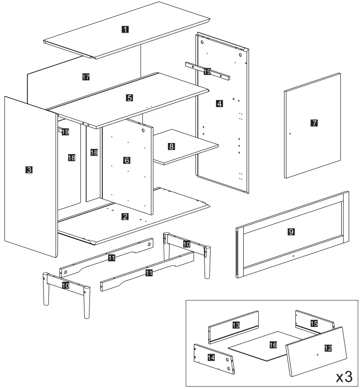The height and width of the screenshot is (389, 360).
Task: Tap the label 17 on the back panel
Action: pyautogui.click(x=86, y=77)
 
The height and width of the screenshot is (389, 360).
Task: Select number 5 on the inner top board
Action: pyautogui.click(x=130, y=97)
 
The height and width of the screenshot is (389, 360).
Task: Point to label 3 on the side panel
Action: pyautogui.click(x=29, y=170)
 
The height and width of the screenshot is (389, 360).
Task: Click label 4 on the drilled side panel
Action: pyautogui.click(x=219, y=103)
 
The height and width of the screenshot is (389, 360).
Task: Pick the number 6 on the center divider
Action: pyautogui.click(x=126, y=160)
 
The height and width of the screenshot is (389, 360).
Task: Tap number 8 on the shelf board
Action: pyautogui.click(x=171, y=146)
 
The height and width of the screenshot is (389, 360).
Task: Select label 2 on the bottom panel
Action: pyautogui.click(x=125, y=217)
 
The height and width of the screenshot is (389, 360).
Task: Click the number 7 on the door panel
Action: pyautogui.click(x=314, y=123)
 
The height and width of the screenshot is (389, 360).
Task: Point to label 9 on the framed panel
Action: pyautogui.click(x=291, y=232)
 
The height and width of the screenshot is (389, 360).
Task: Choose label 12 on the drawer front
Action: pyautogui.click(x=328, y=348)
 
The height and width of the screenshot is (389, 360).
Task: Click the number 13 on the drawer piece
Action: pyautogui.click(x=236, y=325)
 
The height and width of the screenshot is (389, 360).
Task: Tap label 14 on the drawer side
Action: pyautogui.click(x=210, y=358)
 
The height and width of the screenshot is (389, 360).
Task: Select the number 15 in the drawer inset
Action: pyautogui.click(x=314, y=324)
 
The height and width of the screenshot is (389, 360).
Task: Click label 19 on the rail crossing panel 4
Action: pyautogui.click(x=207, y=72)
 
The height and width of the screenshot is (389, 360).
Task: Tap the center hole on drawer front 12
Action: pyautogui.click(x=318, y=354)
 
